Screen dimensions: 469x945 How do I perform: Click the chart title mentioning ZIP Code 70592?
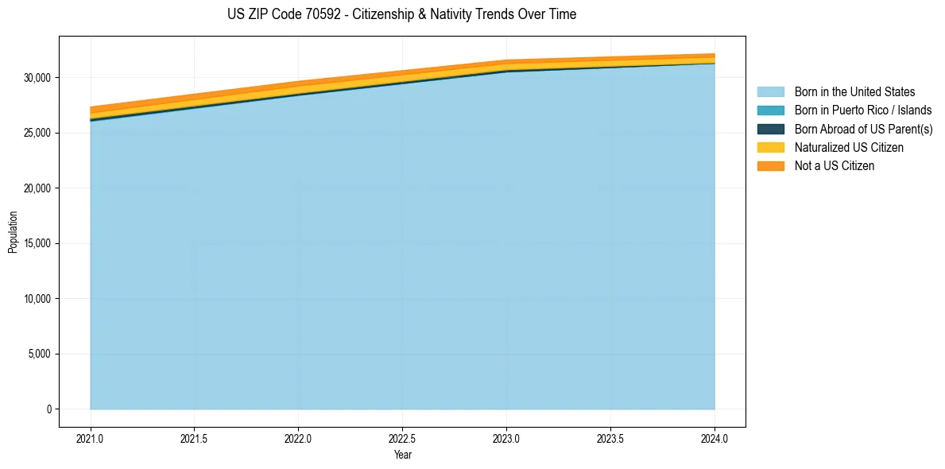point(401,14)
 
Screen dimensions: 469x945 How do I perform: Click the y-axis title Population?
point(13,232)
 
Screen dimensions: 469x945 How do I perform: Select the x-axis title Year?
point(403,455)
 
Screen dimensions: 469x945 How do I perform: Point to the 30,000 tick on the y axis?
point(37,78)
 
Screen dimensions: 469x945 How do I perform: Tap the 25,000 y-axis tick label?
point(37,133)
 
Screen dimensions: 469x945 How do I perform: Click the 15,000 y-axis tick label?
point(37,243)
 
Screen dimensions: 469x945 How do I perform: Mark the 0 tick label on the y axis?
point(49,409)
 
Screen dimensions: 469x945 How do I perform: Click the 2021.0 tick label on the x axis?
point(90,438)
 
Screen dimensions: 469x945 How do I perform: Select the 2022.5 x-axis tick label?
point(402,438)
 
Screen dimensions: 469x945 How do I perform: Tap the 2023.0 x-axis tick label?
point(506,438)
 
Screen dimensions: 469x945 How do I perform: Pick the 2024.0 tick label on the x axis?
point(715,438)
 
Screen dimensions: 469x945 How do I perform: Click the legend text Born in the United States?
point(854,92)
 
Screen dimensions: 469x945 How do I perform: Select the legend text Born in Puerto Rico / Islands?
point(863,110)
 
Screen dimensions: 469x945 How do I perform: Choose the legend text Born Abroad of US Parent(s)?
point(863,129)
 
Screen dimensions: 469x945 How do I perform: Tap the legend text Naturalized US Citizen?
point(849,147)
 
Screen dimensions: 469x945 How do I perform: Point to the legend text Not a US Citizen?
point(835,165)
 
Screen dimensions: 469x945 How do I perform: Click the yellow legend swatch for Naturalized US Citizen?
point(770,147)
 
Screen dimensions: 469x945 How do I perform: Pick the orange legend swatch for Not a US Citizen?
point(770,165)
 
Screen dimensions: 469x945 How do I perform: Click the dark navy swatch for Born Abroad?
point(770,129)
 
